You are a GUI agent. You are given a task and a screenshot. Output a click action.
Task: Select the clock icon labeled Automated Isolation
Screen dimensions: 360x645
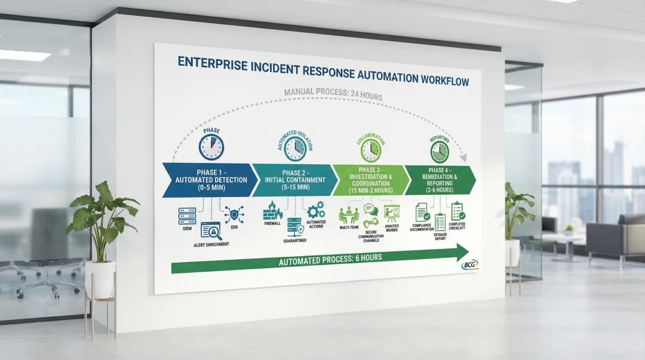(x=295, y=149)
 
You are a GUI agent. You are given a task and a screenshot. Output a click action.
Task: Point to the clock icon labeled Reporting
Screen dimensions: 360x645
(x=440, y=151)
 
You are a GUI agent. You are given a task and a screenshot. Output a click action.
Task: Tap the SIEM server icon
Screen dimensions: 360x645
(x=187, y=215)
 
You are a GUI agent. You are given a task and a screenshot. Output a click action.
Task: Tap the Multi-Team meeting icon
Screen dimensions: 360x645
(x=348, y=215)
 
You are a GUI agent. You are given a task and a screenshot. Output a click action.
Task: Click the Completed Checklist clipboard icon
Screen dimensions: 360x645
(x=457, y=211)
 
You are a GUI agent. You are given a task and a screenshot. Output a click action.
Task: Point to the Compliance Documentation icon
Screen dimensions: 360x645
(x=422, y=212)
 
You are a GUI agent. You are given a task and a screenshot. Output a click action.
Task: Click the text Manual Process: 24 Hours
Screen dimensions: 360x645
(x=333, y=96)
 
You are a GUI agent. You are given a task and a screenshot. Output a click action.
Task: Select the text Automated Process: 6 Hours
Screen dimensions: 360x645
(x=330, y=258)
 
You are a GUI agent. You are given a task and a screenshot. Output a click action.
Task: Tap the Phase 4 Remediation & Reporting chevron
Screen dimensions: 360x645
(x=441, y=178)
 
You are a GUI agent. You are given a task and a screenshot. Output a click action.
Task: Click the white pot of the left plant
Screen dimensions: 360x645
(x=100, y=279)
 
